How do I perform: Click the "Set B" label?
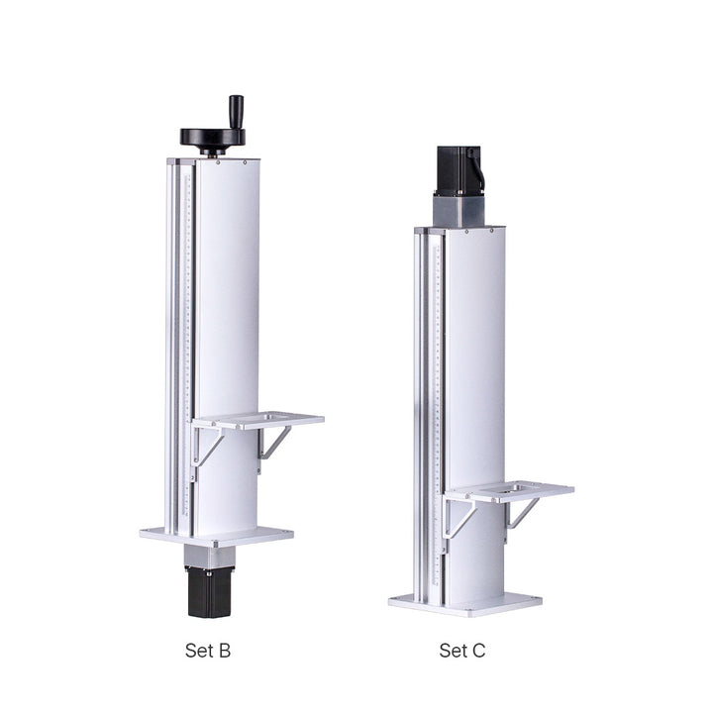coord(208,651)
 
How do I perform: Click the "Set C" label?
coord(462,651)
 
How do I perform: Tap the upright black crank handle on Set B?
coord(236,112)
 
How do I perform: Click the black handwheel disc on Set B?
coord(212,137)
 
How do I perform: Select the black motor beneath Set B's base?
coord(210,591)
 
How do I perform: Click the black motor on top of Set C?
coord(458,169)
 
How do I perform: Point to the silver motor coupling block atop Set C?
coord(458,210)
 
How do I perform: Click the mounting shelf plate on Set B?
coord(257,420)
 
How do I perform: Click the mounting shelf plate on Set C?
coord(509,491)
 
